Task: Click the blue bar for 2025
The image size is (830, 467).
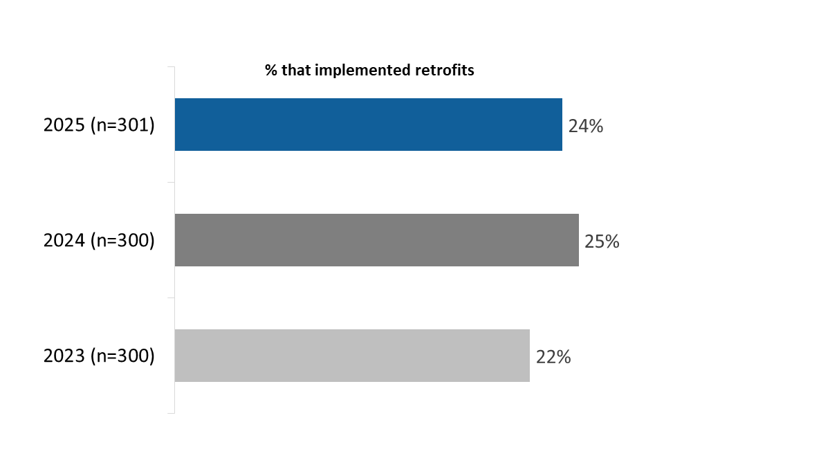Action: (x=368, y=125)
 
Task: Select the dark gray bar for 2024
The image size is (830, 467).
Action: (x=376, y=240)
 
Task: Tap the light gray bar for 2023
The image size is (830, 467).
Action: (x=351, y=356)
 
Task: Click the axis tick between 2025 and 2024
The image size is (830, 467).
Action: (x=171, y=183)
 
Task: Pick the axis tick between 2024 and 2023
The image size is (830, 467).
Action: (x=171, y=298)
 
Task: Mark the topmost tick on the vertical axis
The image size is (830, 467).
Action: (x=171, y=67)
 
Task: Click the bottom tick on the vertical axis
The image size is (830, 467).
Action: (x=171, y=413)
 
